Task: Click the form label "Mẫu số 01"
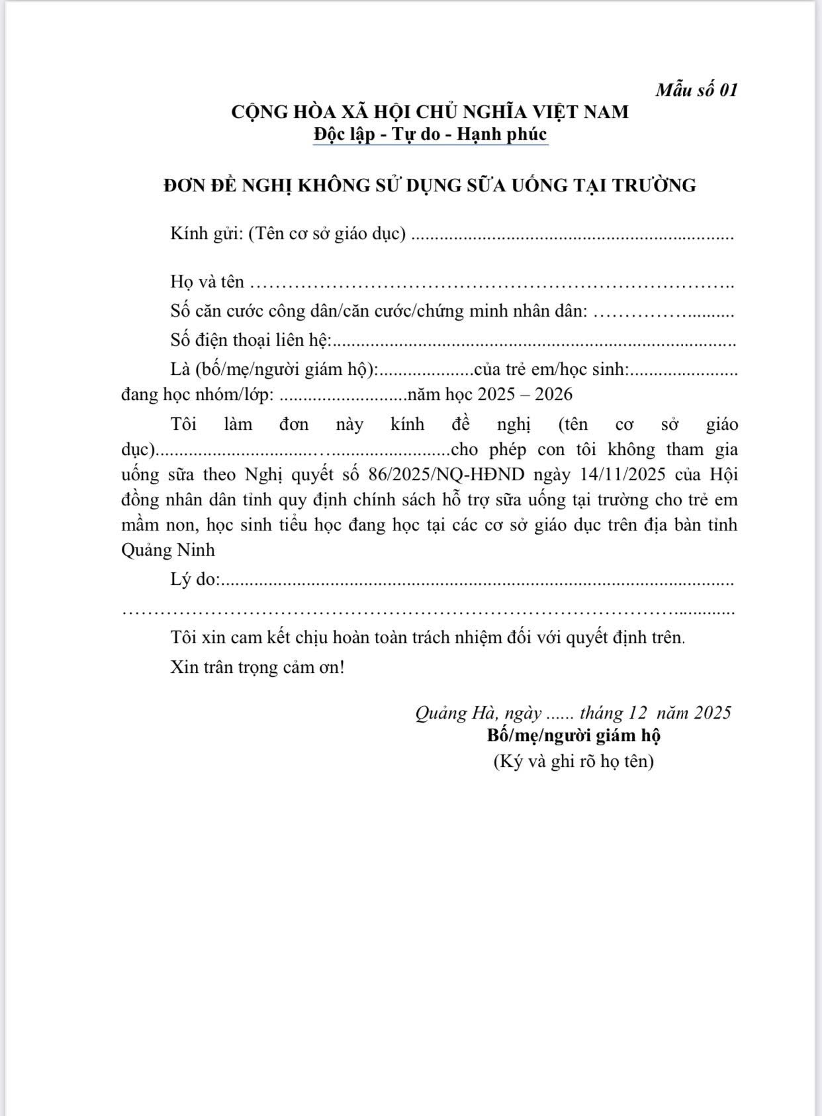[696, 90]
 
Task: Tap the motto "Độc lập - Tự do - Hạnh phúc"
[430, 134]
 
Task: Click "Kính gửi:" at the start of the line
[206, 234]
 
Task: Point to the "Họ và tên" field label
[207, 281]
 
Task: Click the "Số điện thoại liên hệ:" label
[250, 340]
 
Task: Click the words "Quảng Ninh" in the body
[168, 550]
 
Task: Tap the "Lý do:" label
[195, 579]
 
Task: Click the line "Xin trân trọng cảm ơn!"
[257, 666]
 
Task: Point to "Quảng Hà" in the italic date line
[457, 713]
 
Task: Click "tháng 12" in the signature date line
[613, 713]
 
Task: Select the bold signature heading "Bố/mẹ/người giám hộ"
[574, 735]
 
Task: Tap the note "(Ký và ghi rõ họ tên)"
[574, 761]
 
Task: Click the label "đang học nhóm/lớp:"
[197, 395]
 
